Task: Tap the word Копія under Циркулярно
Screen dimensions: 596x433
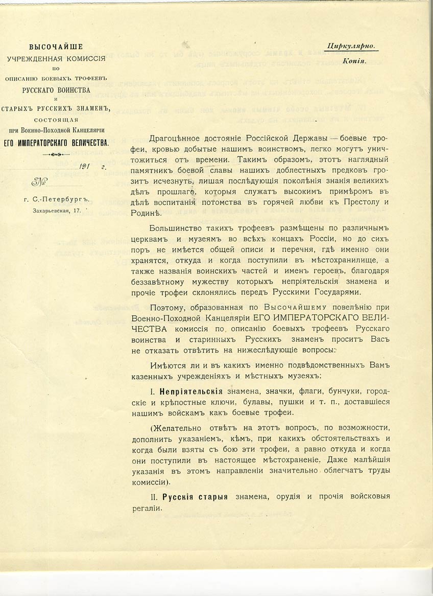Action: [352, 60]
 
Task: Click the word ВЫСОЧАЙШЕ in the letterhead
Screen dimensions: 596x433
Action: [56, 47]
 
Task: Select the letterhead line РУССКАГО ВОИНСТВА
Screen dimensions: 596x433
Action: [56, 90]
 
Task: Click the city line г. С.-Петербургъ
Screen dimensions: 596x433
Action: [56, 200]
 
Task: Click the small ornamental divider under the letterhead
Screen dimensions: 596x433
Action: [56, 154]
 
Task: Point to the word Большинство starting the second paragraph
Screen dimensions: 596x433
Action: [174, 227]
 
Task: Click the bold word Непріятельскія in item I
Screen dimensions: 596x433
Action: [193, 391]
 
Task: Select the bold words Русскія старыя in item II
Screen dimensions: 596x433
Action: [196, 497]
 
